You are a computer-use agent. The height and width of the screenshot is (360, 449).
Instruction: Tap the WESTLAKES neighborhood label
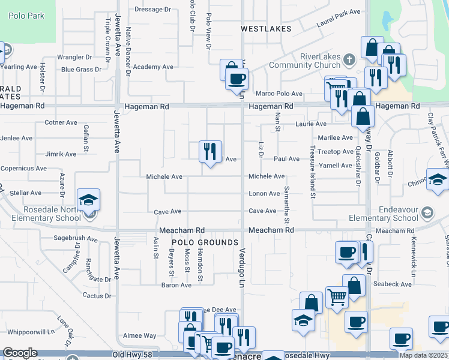(266, 29)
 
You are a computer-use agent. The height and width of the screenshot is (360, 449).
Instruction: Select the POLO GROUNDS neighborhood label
(205, 242)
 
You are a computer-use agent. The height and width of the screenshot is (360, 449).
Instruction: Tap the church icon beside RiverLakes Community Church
(349, 59)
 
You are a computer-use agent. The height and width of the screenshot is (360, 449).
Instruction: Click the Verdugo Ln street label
(243, 268)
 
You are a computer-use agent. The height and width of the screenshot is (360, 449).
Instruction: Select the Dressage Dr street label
(152, 10)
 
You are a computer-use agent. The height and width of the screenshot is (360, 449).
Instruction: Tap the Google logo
(20, 353)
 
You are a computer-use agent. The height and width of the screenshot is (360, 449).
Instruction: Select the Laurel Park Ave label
(339, 19)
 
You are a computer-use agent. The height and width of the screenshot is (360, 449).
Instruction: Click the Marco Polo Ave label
(279, 94)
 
